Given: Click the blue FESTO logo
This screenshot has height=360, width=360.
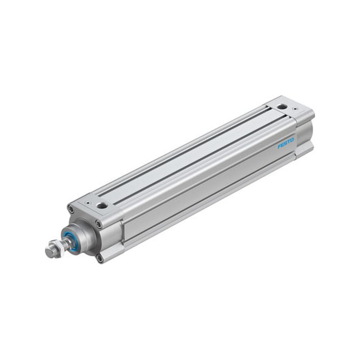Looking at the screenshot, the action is (x=286, y=143).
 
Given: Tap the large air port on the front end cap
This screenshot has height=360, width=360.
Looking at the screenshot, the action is (x=101, y=206).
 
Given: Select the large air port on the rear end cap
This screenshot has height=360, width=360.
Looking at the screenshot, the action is (x=282, y=107).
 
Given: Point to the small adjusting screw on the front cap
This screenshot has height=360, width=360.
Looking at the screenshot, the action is (x=87, y=203).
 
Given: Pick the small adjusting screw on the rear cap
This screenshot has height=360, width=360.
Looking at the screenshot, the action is (x=295, y=109).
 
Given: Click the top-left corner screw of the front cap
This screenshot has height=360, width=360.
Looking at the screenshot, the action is (x=71, y=209).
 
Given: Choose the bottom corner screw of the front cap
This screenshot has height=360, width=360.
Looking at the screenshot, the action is (x=99, y=259).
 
